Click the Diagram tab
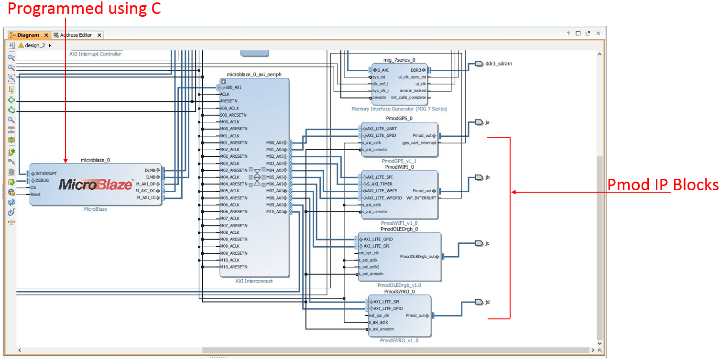point(28,35)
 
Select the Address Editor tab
point(76,35)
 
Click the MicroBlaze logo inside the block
point(95,185)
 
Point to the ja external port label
point(487,122)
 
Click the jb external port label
point(487,177)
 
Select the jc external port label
point(487,243)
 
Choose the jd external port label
point(487,302)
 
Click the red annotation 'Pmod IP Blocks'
point(663,185)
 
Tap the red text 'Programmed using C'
point(84,9)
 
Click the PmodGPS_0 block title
point(399,118)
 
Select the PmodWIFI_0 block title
point(399,167)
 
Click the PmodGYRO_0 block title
point(399,291)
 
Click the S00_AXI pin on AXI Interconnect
point(233,87)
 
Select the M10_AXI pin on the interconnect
point(277,212)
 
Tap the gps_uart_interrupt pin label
point(419,142)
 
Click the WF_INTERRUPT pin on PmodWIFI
point(421,197)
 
